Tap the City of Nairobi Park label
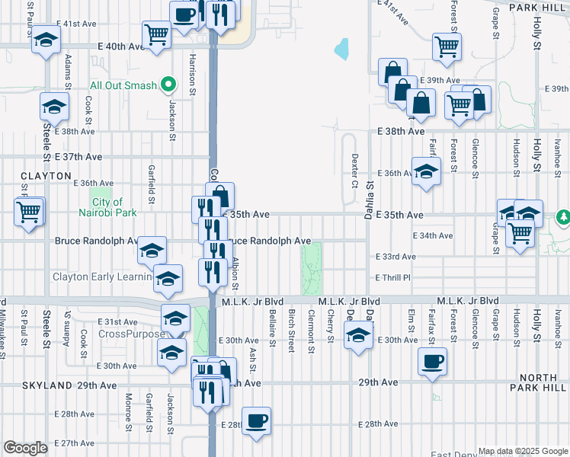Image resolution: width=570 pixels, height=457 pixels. pyautogui.click(x=113, y=207)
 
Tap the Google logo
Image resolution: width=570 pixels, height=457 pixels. pyautogui.click(x=25, y=448)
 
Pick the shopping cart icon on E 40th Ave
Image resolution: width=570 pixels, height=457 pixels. pyautogui.click(x=156, y=34)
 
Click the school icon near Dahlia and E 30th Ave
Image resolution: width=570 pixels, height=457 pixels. pyautogui.click(x=357, y=335)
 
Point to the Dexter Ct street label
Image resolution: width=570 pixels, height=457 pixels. pyautogui.click(x=354, y=171)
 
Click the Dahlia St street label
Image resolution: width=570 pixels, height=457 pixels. pyautogui.click(x=370, y=194)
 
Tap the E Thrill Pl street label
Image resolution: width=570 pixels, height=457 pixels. pyautogui.click(x=392, y=278)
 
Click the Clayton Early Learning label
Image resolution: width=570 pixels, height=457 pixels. pyautogui.click(x=101, y=276)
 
